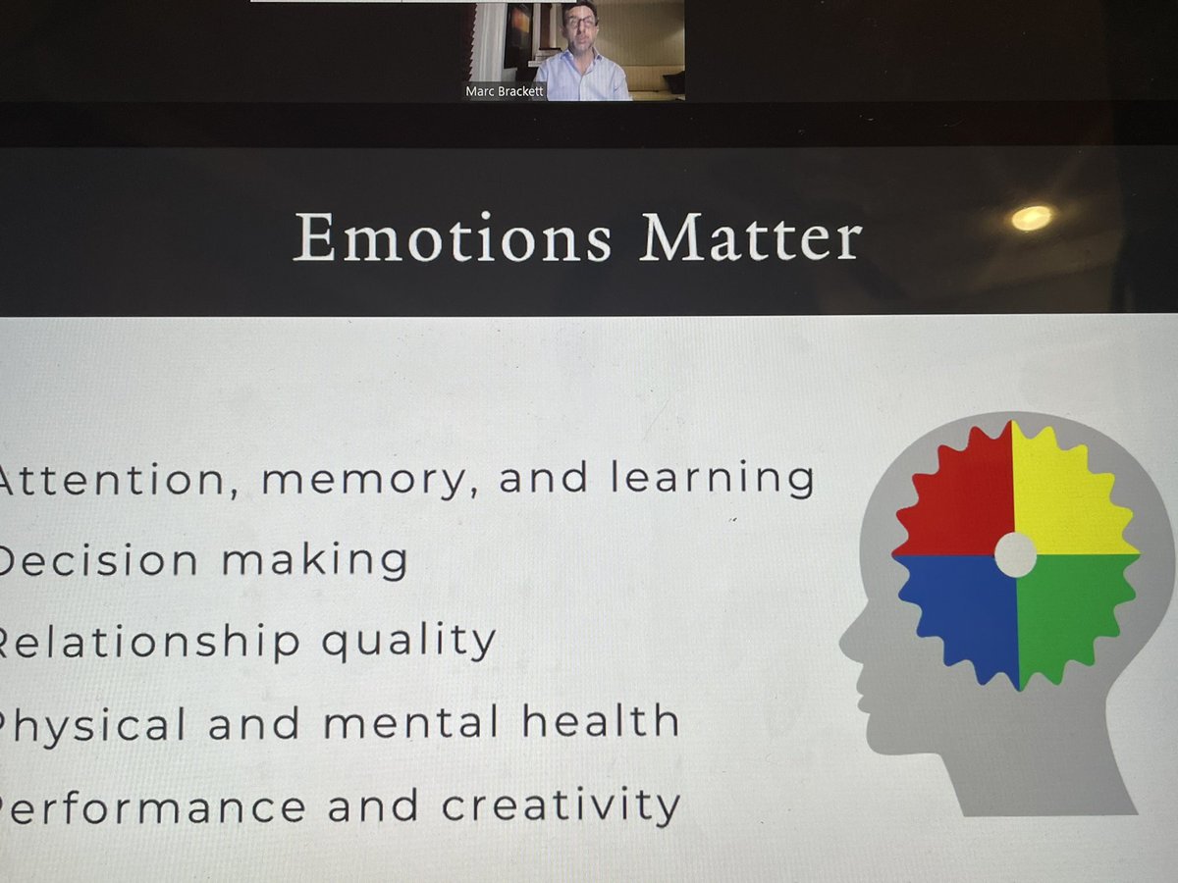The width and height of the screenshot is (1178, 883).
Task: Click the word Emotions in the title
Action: [x=452, y=237]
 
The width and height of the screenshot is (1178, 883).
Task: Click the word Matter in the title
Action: [x=750, y=237]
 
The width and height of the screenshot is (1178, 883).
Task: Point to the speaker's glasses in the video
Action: [x=581, y=21]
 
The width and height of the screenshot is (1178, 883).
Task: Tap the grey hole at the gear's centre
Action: [x=1015, y=555]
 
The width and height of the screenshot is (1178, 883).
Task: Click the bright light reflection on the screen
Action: [x=1031, y=218]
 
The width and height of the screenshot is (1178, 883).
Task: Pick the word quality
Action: [x=408, y=643]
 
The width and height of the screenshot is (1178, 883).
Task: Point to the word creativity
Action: [x=560, y=806]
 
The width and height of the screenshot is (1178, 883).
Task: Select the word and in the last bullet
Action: [x=373, y=807]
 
